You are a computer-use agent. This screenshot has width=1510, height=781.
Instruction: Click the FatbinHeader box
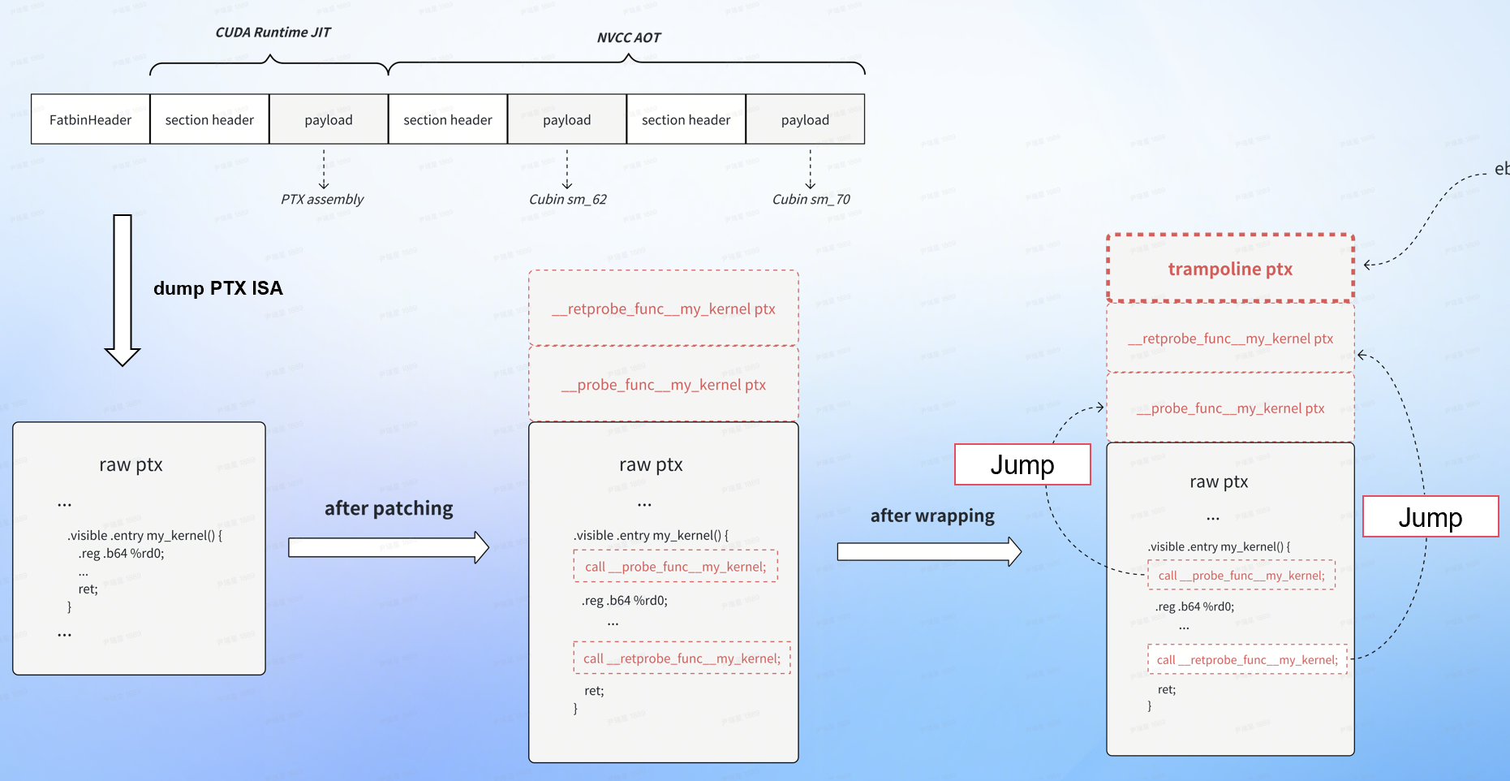tap(90, 119)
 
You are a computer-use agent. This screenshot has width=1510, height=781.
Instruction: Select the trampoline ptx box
tap(1230, 269)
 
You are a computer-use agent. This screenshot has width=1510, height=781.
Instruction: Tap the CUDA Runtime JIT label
tap(273, 32)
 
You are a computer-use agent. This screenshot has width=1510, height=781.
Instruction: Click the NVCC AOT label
tap(629, 38)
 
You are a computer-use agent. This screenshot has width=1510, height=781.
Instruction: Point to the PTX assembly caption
tap(322, 200)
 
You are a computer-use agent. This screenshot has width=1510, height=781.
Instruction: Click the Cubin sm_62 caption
tap(567, 200)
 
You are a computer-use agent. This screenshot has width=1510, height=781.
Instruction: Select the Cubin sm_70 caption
tap(811, 200)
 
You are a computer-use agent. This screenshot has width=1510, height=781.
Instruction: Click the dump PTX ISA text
tap(217, 288)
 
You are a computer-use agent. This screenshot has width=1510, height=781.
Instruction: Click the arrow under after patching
tap(389, 548)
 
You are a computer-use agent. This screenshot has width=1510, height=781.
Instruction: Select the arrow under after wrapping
tap(929, 552)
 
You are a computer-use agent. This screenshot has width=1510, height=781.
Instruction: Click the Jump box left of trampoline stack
tap(1022, 464)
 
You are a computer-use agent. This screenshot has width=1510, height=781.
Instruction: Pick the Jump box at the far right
tap(1430, 516)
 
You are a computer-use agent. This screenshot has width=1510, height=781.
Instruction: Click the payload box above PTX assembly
tap(329, 119)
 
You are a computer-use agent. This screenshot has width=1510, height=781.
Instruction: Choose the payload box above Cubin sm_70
tap(805, 119)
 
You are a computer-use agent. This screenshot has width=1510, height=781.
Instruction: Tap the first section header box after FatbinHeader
tap(209, 119)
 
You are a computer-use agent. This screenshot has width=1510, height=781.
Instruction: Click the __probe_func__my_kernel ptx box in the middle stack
tap(663, 385)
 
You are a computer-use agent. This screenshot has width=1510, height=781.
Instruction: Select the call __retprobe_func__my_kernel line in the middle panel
tap(682, 658)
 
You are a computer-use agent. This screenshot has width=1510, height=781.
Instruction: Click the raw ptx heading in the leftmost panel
tap(131, 465)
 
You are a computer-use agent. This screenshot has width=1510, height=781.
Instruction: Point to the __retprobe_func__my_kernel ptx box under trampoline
tap(1230, 339)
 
